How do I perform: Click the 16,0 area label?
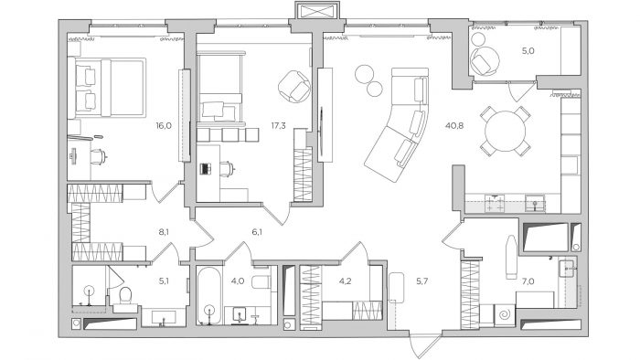(164, 126)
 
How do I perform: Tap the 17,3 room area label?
(278, 126)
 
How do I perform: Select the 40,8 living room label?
(454, 126)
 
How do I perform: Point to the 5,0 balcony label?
(528, 51)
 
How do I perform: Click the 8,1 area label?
(164, 232)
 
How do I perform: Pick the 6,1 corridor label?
(257, 232)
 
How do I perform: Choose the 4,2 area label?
(346, 281)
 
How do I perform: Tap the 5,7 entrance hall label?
(421, 281)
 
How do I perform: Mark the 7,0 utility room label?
(528, 281)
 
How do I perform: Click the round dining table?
(505, 131)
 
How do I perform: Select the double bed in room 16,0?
(111, 88)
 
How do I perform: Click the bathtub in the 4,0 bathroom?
(209, 295)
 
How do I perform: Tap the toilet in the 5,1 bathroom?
(125, 296)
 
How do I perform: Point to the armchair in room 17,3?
(294, 87)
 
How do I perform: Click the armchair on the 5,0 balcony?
(485, 60)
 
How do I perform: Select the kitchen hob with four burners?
(495, 203)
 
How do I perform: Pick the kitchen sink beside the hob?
(535, 203)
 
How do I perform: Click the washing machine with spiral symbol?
(505, 314)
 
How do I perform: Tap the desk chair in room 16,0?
(99, 157)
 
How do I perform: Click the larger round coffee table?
(365, 74)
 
